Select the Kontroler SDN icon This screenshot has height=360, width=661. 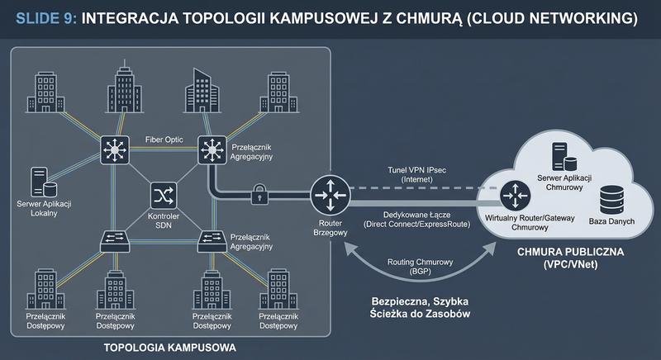point(162,197)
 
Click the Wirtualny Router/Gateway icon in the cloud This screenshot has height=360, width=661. point(517,194)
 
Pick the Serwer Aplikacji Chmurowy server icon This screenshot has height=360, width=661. point(560,154)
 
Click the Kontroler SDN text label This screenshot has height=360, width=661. point(162,220)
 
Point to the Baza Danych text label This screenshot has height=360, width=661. point(611,222)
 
